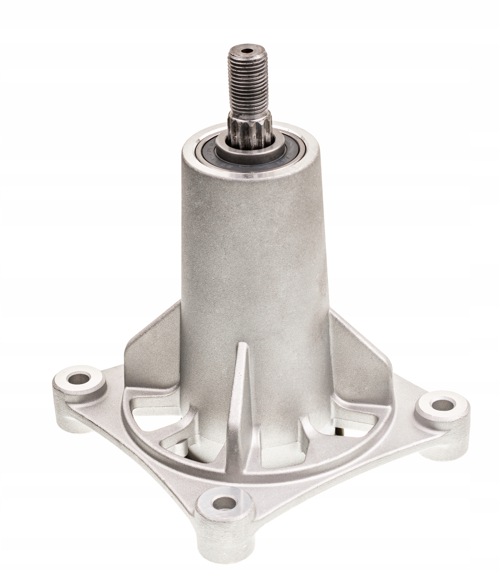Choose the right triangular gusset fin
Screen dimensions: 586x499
356,353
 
